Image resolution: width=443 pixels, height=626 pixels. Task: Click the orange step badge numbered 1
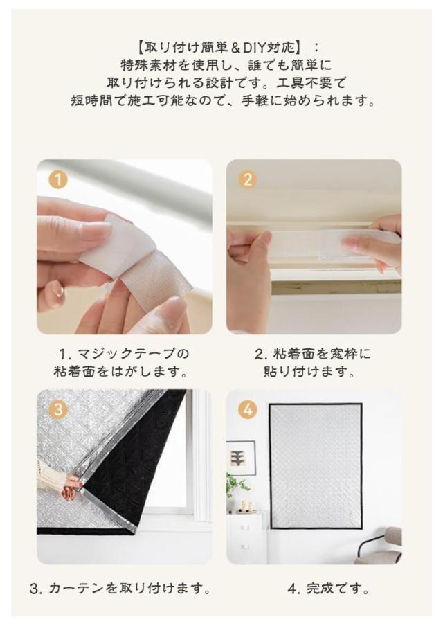[58, 179]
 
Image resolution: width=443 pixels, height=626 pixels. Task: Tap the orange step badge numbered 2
[248, 179]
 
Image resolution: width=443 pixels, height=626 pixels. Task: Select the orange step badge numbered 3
[58, 410]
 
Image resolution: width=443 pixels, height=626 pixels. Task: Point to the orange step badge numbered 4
[248, 410]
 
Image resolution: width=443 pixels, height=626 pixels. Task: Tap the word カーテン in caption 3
[78, 588]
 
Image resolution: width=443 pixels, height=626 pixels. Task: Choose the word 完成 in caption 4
[320, 588]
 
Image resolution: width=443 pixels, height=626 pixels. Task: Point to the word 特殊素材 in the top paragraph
[147, 65]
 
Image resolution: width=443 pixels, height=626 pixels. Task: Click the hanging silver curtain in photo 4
[315, 464]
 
